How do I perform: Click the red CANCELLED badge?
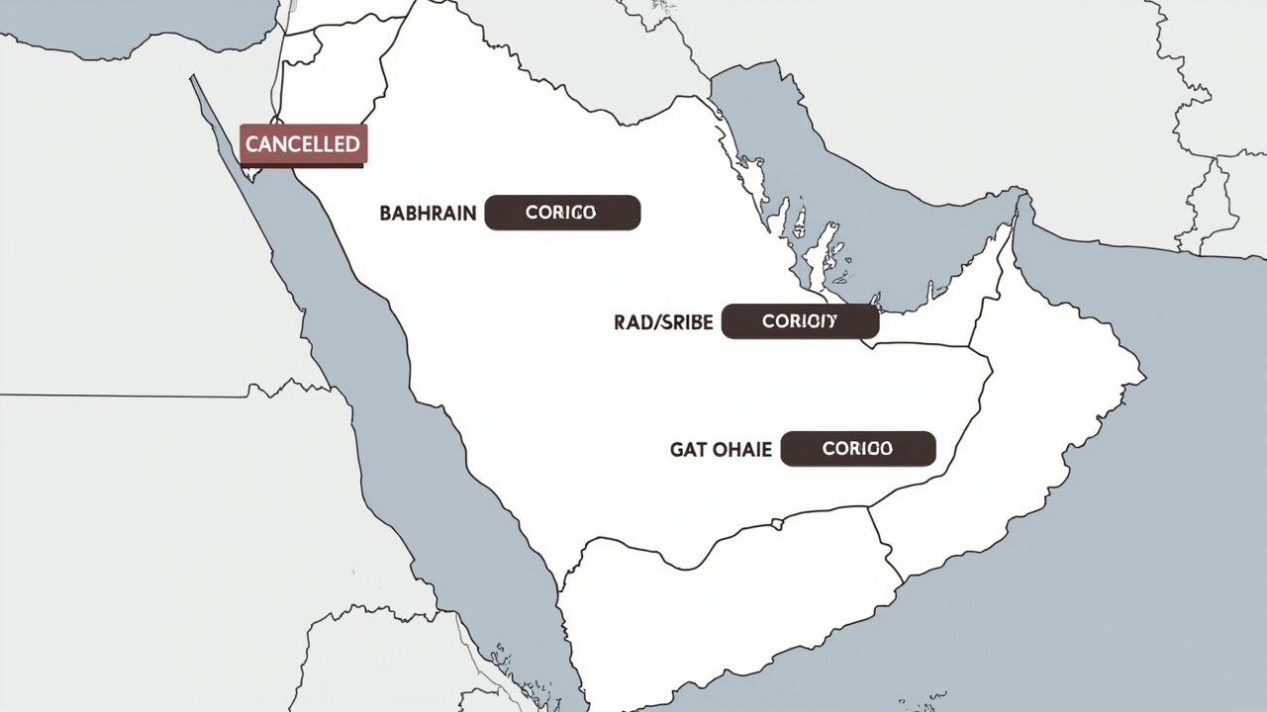303,144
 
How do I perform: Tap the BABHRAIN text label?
428,214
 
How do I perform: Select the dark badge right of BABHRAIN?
562,213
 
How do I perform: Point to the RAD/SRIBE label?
663,322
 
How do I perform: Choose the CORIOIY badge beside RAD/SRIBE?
800,321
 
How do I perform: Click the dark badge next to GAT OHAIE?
857,449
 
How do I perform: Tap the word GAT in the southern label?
689,450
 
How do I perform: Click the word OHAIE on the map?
742,450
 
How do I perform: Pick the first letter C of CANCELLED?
251,144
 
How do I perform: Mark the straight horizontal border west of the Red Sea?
119,396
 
